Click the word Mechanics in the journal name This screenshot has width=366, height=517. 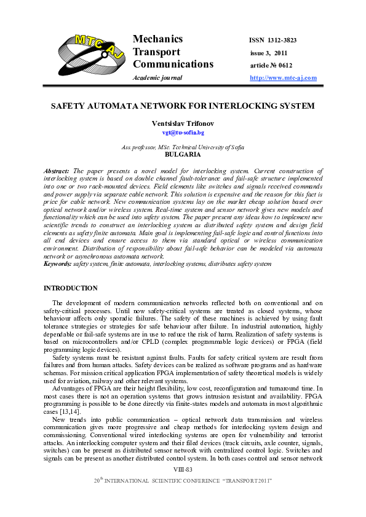[x=158, y=39]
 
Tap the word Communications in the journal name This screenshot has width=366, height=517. [x=173, y=64]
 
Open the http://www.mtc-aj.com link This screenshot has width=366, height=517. [x=283, y=78]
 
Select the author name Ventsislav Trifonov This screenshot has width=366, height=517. [x=183, y=123]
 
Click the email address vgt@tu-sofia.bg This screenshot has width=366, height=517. [x=183, y=133]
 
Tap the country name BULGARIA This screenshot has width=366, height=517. [x=183, y=155]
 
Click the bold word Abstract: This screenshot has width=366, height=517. [x=57, y=169]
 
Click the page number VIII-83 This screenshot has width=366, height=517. [x=183, y=486]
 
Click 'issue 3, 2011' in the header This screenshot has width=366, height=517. [x=269, y=53]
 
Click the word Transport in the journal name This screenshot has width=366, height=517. [x=157, y=52]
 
